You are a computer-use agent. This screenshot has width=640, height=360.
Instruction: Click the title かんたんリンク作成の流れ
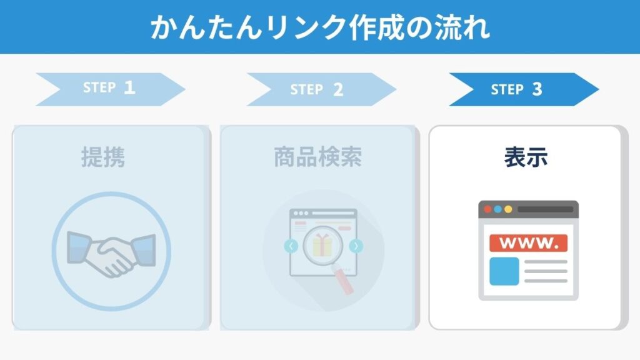click(x=320, y=27)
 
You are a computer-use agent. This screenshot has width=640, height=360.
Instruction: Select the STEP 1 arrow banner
click(x=111, y=89)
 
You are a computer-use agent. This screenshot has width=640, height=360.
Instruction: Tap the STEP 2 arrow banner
click(x=321, y=89)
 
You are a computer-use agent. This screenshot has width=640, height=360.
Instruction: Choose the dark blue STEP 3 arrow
click(x=524, y=89)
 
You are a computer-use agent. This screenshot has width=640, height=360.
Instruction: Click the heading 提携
click(x=103, y=157)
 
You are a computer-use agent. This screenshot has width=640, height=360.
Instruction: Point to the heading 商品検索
click(x=318, y=157)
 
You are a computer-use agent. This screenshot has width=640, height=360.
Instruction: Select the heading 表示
click(x=526, y=157)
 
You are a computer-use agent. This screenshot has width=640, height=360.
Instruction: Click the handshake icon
click(x=111, y=254)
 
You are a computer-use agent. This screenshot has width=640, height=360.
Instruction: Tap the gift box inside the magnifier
click(x=322, y=245)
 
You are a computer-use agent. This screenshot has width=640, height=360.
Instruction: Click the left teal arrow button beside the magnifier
click(x=291, y=246)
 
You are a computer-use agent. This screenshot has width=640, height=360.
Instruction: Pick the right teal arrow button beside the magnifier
click(x=356, y=246)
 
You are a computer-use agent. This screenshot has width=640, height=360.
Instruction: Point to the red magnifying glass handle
click(x=343, y=280)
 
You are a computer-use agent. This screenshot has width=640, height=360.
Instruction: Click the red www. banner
click(x=528, y=243)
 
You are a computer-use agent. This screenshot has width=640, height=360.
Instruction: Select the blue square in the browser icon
click(x=504, y=271)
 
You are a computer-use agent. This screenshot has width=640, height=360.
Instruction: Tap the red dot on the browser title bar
click(x=487, y=209)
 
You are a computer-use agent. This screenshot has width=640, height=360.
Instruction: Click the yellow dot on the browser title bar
click(x=508, y=209)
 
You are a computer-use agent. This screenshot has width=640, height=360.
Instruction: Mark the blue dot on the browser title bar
click(x=498, y=209)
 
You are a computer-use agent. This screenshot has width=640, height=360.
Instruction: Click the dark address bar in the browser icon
click(x=545, y=209)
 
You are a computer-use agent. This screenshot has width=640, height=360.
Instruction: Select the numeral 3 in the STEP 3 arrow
click(x=537, y=89)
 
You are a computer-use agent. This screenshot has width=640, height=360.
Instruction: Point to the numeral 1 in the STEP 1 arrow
click(x=129, y=87)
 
